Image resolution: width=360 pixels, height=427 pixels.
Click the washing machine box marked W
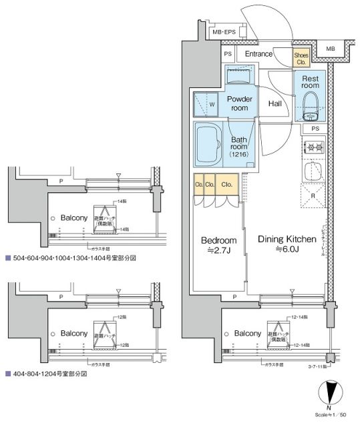pos(205,104)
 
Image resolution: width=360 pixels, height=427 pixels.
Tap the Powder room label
pos(238,103)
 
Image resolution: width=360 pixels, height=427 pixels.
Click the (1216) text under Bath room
pos(239,154)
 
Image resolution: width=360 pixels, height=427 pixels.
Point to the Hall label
pos(275,104)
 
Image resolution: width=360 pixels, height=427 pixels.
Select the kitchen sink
pos(313,172)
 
